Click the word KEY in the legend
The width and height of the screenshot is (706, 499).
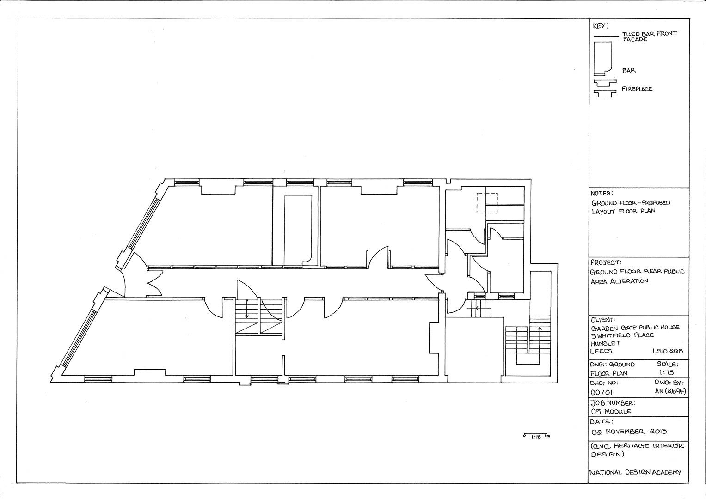tap(600, 26)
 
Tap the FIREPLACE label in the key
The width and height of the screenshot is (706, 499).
tap(637, 89)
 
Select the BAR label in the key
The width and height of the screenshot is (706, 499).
tap(629, 71)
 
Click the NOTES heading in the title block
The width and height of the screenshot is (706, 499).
tap(602, 193)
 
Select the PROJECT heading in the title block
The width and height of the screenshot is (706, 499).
tap(606, 262)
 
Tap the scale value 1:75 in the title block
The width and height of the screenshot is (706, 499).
tap(666, 372)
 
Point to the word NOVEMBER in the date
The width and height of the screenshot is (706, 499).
tap(625, 431)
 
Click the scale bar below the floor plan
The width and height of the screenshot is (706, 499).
tap(537, 434)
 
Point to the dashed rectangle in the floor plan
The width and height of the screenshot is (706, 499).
tap(487, 203)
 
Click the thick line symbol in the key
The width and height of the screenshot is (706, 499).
tap(606, 37)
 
